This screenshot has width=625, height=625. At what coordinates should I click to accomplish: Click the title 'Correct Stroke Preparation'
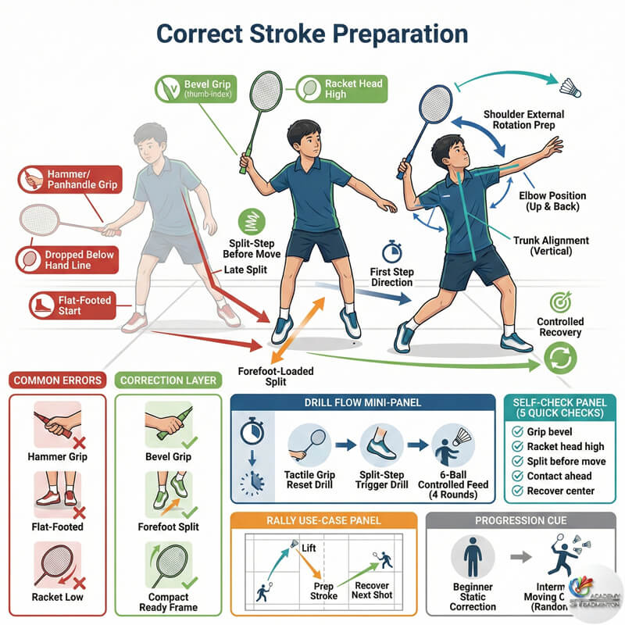click(x=312, y=34)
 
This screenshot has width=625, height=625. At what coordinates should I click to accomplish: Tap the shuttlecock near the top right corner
click(x=570, y=84)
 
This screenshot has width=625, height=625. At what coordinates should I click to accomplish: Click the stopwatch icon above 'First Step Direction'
click(x=391, y=252)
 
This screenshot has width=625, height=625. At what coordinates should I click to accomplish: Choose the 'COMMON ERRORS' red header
click(x=56, y=380)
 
